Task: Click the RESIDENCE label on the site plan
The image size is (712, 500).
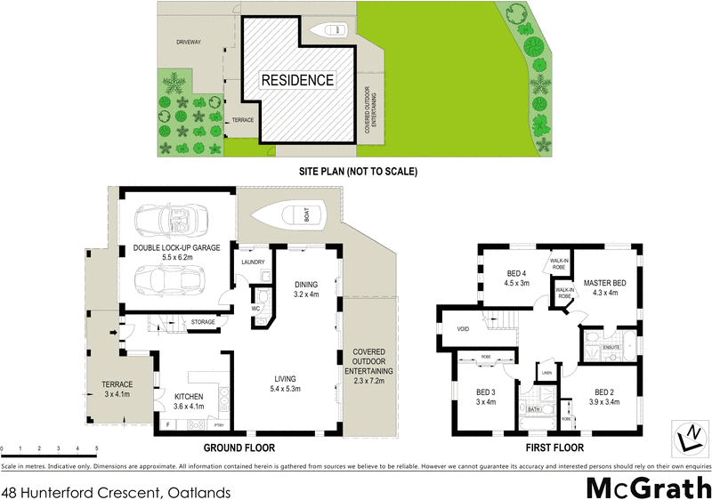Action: pos(297,80)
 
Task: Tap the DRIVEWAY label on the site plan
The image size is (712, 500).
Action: pos(188,42)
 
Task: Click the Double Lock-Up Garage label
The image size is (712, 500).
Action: pos(177,252)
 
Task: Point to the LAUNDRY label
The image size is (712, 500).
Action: pos(255,262)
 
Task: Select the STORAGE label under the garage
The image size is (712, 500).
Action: pos(203,322)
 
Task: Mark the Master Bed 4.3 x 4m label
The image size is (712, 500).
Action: pos(604,288)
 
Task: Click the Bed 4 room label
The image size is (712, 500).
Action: pos(518,278)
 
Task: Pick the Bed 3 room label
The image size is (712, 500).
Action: pos(485,397)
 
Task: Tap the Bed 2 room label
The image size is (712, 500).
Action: pos(604,397)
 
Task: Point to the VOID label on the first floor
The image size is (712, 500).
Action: pos(462,328)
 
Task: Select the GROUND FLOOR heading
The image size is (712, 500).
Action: pos(239,448)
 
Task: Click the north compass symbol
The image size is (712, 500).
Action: pos(690,438)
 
